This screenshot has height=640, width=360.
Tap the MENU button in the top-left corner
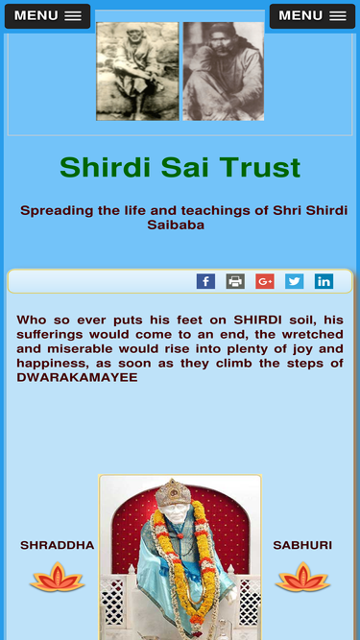pyautogui.click(x=47, y=16)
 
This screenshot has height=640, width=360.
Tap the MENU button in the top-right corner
pyautogui.click(x=312, y=16)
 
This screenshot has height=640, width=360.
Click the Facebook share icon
pyautogui.click(x=205, y=281)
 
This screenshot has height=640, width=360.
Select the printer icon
pyautogui.click(x=235, y=281)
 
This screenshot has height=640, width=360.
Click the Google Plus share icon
pyautogui.click(x=265, y=281)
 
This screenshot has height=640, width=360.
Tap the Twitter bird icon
pyautogui.click(x=295, y=281)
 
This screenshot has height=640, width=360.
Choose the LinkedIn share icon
pyautogui.click(x=324, y=281)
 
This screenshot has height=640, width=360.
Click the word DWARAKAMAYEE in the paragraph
pyautogui.click(x=77, y=377)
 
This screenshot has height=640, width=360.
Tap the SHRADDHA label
pyautogui.click(x=58, y=545)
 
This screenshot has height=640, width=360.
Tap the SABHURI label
pyautogui.click(x=302, y=545)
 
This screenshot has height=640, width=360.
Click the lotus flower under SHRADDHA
pyautogui.click(x=58, y=577)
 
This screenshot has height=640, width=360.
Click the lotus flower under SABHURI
pyautogui.click(x=302, y=577)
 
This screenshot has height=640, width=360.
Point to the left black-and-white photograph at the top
pyautogui.click(x=137, y=71)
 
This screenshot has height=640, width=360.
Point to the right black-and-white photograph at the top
pyautogui.click(x=224, y=71)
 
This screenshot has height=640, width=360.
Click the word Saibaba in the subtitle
pyautogui.click(x=176, y=225)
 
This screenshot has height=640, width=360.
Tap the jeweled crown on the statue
pyautogui.click(x=174, y=492)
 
